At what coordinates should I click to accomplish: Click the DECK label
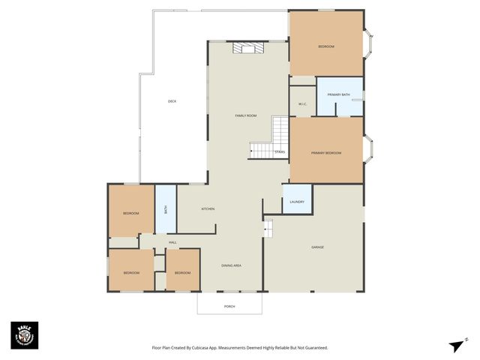[x=172, y=101]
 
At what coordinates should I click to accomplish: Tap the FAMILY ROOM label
[x=246, y=115]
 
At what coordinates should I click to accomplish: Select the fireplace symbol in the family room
[x=247, y=49]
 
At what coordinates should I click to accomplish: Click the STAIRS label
[x=280, y=152]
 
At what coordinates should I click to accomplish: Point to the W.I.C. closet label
[x=302, y=104]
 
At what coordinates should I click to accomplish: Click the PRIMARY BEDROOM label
[x=326, y=153]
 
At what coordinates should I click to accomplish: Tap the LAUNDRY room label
[x=296, y=202]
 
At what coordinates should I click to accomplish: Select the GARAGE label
[x=317, y=247]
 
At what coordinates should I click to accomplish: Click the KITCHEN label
[x=208, y=208]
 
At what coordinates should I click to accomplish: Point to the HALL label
[x=172, y=242]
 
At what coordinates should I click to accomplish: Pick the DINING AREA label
[x=231, y=265]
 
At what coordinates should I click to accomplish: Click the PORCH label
[x=229, y=307]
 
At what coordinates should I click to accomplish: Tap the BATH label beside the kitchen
[x=166, y=209]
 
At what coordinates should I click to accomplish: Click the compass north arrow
[x=457, y=344]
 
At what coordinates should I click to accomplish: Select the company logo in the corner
[x=24, y=335]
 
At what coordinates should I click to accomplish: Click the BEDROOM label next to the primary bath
[x=326, y=46]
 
